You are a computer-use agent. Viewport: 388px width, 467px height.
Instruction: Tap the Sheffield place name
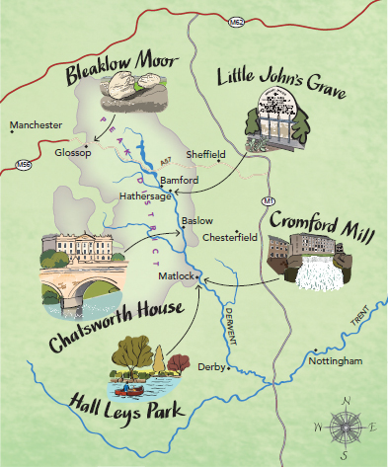205,154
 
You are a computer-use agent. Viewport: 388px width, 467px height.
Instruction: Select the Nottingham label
336,360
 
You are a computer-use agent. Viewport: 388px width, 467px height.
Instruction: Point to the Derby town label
210,366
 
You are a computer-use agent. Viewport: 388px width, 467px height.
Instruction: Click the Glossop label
73,153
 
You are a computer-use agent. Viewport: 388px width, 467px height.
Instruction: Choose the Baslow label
197,220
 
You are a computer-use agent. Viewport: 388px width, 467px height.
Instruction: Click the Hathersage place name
146,196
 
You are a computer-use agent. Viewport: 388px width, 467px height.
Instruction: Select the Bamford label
179,181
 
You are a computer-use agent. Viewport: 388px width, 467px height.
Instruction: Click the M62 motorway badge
235,21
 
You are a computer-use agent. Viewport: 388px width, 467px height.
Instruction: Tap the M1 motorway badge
269,201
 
